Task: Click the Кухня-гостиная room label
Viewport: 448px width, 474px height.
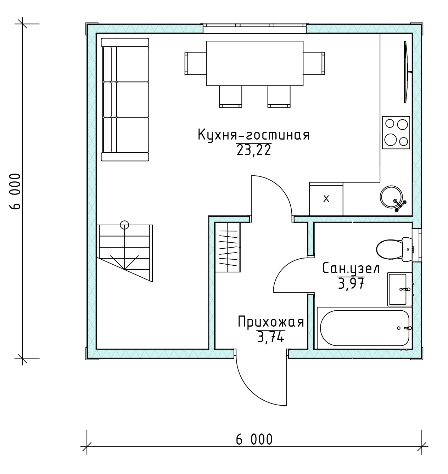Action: coord(254,135)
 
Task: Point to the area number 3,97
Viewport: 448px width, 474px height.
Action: coord(351,284)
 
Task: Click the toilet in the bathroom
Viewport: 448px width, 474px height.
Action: coord(394,250)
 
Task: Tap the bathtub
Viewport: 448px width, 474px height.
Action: coord(365,328)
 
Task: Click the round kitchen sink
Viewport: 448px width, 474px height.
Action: coord(392,197)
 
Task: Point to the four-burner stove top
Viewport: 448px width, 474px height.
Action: coord(396,133)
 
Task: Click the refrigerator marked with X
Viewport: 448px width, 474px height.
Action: coord(326,199)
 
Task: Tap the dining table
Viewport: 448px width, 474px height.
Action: coord(255,63)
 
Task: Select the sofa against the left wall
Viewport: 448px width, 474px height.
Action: coord(125,100)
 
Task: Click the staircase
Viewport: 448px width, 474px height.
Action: coord(125,253)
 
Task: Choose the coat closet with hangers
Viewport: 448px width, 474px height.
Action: coord(228,247)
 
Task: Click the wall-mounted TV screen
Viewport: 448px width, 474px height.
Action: coord(406,72)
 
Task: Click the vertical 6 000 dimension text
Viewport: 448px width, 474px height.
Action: coord(16,191)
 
